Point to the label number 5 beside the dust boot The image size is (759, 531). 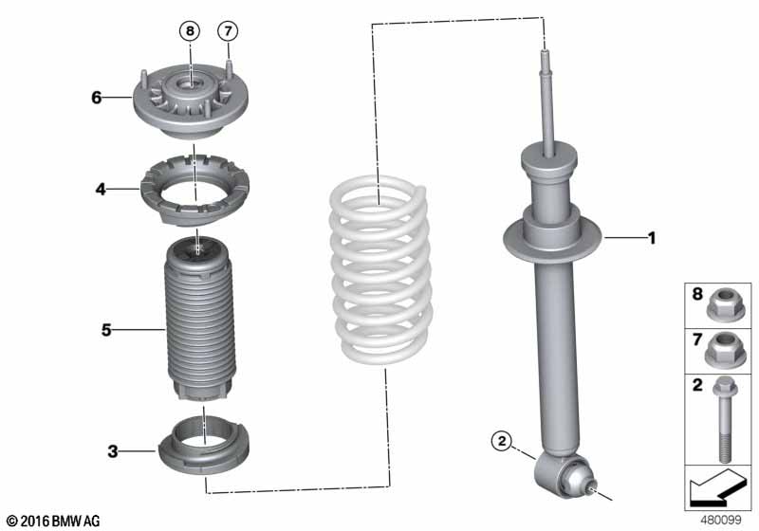pos(107,330)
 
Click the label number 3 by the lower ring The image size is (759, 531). pos(112,451)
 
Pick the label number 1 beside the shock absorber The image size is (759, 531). pos(651,238)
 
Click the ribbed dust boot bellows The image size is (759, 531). pos(198,322)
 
